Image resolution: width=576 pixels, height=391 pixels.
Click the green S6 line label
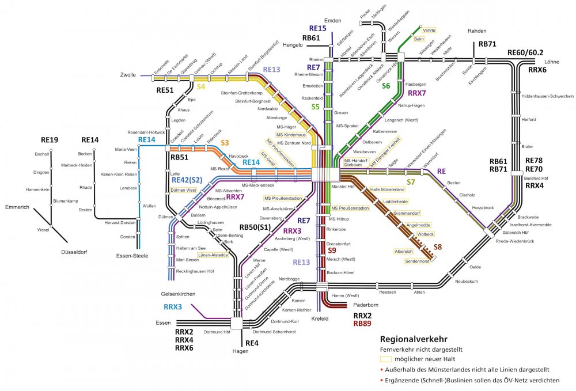pos(386,85)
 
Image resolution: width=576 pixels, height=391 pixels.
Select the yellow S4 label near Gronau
pos(201,86)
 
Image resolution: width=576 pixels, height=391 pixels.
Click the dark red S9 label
pos(332,251)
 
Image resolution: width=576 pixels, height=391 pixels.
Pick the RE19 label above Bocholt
pos(50,139)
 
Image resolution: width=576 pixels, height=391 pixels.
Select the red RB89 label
pos(363,324)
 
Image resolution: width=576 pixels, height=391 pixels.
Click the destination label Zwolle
pos(128,75)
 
